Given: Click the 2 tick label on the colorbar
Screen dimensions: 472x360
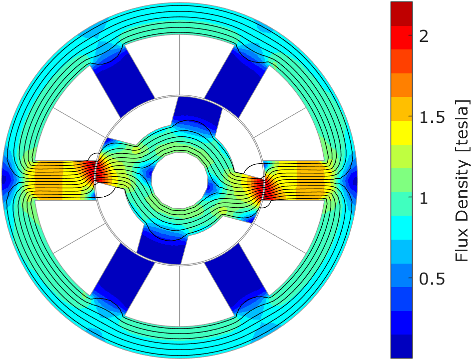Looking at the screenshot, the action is [x=424, y=37].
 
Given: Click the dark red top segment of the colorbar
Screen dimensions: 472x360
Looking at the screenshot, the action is [x=402, y=14].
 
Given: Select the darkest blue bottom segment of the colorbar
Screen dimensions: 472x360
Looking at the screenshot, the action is [x=402, y=346].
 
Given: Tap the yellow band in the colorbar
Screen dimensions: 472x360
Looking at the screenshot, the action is [x=402, y=132].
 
